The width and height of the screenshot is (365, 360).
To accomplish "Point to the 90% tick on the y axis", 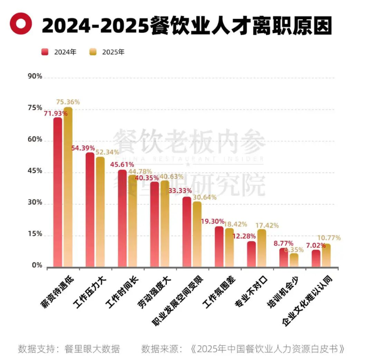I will (35, 76).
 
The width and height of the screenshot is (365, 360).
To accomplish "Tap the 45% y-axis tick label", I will (35, 171).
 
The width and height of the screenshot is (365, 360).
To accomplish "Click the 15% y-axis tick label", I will (35, 234).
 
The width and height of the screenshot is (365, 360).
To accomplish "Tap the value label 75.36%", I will (68, 102).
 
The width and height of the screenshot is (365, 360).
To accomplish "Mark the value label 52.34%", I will (107, 152).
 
